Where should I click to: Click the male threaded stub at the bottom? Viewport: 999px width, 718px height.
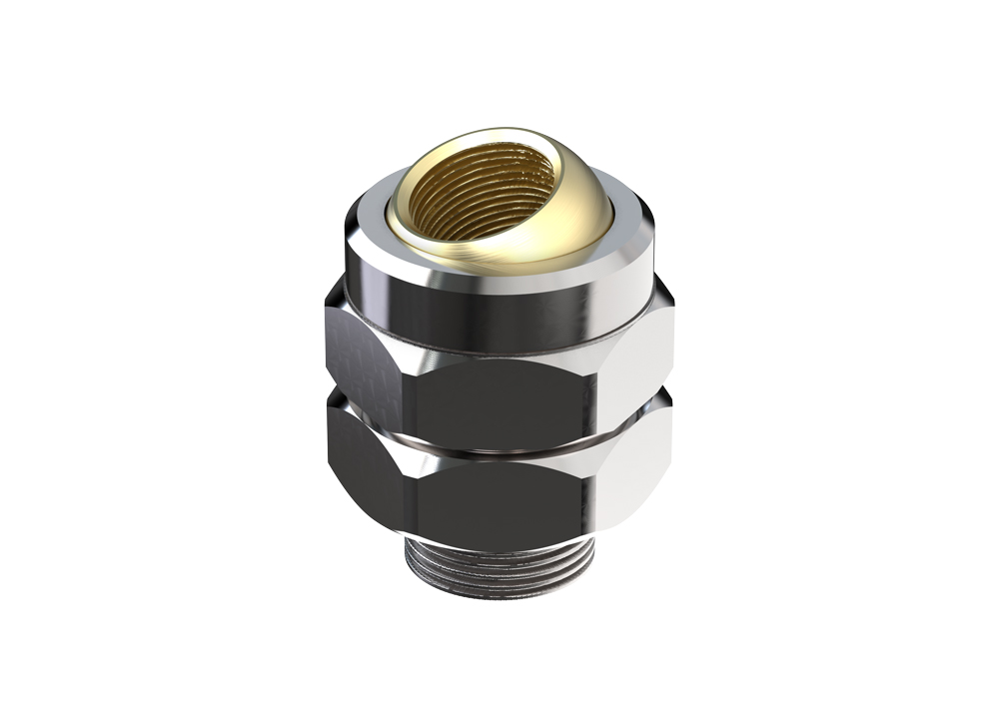499,574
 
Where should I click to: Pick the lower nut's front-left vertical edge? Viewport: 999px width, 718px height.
408,499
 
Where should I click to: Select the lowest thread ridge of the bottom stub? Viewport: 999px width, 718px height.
499,593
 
